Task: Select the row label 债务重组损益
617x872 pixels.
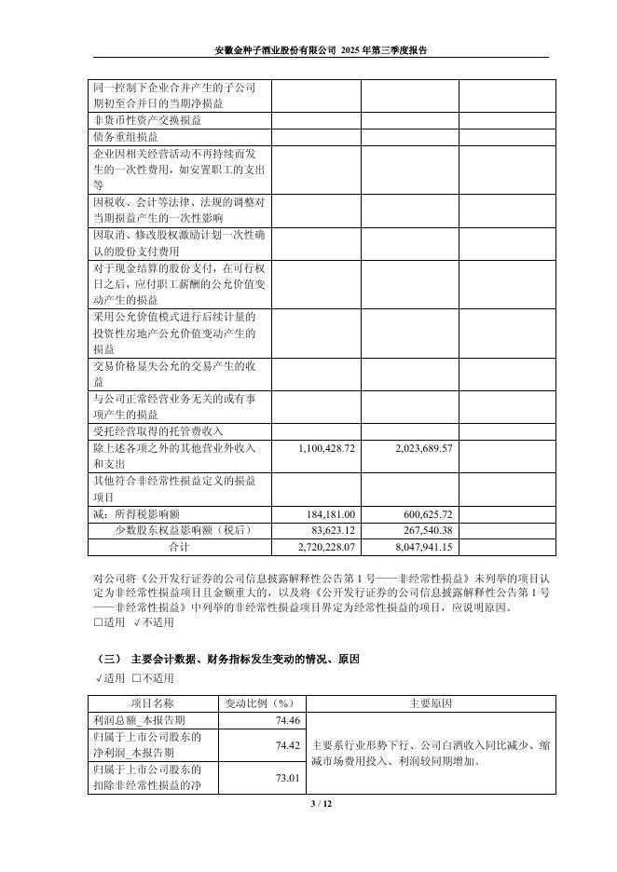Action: (126, 137)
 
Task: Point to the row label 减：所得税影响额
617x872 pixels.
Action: (137, 513)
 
